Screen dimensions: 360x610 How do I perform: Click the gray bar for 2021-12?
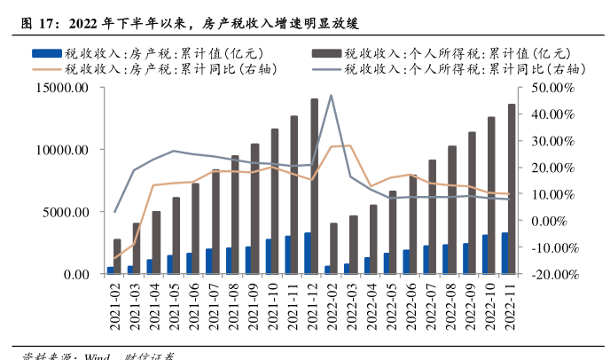(315, 186)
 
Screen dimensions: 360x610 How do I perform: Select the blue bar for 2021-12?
(307, 254)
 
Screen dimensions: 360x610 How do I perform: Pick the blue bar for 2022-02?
(326, 270)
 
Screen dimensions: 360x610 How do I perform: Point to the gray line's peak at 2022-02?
(331, 96)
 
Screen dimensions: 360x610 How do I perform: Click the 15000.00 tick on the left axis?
(60, 88)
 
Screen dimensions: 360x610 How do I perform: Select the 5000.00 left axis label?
(64, 212)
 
